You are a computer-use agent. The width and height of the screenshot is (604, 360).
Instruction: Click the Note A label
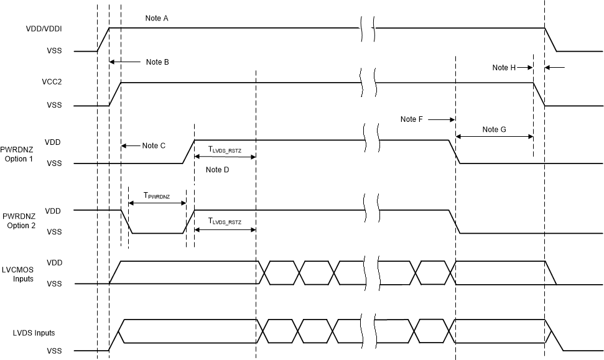(x=157, y=18)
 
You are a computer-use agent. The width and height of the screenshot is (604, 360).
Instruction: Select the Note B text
(x=157, y=62)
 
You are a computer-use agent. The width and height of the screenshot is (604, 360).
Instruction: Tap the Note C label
(x=154, y=145)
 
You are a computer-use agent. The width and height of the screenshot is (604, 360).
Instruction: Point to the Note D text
(x=217, y=170)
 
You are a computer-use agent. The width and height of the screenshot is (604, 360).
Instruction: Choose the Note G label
(x=494, y=129)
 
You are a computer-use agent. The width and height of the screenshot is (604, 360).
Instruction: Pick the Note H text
(x=504, y=67)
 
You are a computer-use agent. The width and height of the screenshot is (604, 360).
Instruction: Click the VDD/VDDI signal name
(x=44, y=28)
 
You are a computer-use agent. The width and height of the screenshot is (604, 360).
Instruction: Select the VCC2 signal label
(x=52, y=81)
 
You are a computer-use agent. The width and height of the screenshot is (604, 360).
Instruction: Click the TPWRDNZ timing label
(x=157, y=195)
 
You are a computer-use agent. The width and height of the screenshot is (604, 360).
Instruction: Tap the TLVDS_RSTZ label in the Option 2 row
(x=225, y=221)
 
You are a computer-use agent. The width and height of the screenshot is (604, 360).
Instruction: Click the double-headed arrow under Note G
(x=494, y=137)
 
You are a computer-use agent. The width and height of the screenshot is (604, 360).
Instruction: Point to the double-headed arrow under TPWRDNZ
(x=157, y=203)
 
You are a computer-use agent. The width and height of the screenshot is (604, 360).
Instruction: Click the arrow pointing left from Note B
(x=125, y=62)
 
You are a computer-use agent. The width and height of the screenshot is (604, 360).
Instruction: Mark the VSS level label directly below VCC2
(x=54, y=106)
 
